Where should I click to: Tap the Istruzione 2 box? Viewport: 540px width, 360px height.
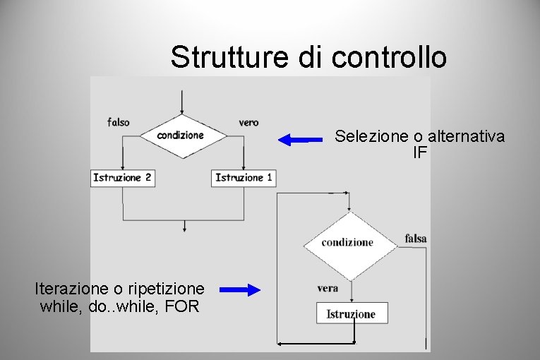(122, 178)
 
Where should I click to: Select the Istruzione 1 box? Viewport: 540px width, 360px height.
(244, 178)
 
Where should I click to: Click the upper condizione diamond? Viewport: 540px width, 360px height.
(181, 135)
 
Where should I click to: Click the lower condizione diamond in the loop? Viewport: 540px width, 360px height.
(347, 242)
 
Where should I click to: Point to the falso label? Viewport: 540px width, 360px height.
(119, 122)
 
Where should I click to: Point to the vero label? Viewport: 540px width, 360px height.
(248, 122)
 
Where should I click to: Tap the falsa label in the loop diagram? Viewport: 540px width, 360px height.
(416, 239)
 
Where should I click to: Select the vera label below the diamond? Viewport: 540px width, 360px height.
(328, 288)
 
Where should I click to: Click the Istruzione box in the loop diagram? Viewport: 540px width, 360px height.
(351, 314)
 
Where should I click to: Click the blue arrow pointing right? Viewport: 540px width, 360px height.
(240, 289)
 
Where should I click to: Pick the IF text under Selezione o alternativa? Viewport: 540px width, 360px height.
(420, 152)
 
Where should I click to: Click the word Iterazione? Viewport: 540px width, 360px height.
(73, 289)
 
